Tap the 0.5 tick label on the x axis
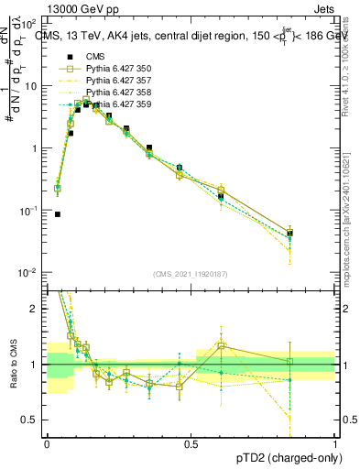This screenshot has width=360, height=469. (191, 443)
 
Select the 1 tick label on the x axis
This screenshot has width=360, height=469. (335, 443)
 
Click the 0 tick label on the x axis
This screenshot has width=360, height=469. (47, 443)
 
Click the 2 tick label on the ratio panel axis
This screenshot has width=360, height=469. (37, 310)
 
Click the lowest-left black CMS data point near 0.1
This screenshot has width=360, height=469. (58, 214)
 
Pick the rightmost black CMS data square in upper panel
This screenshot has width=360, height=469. (289, 234)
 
